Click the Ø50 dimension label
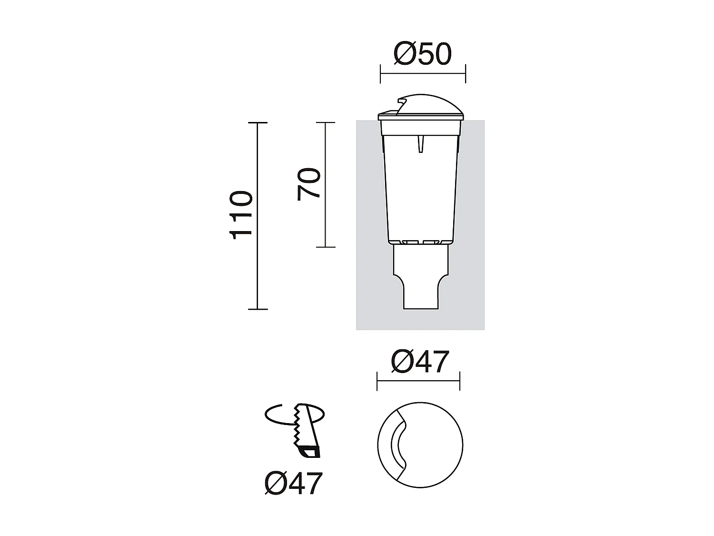point(422,54)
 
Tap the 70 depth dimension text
point(309,184)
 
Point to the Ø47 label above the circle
point(420,362)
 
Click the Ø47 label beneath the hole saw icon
point(294,484)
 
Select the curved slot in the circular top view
point(398,445)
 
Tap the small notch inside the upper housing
point(420,143)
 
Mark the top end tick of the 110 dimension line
point(258,123)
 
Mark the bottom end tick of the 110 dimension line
point(258,309)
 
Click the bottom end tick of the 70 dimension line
point(326,247)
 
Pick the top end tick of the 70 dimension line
point(326,123)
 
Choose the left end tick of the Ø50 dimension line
point(380,74)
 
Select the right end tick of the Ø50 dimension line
point(465,74)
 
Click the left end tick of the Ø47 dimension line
point(377,381)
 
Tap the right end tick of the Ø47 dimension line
point(460,381)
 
